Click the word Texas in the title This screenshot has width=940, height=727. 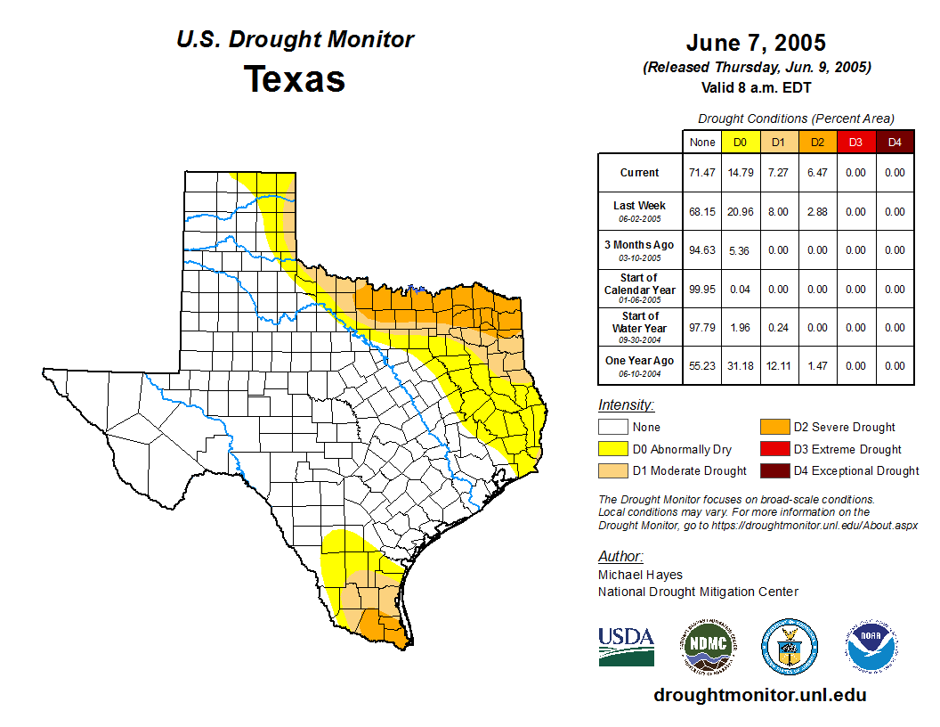point(295,78)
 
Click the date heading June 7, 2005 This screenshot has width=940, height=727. point(756,43)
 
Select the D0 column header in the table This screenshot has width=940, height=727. point(740,142)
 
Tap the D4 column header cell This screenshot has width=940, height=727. point(895,142)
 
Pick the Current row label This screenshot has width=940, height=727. point(640,173)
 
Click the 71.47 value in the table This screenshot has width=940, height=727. point(701,173)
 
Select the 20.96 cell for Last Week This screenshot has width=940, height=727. point(740,212)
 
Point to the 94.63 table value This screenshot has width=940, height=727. point(701,250)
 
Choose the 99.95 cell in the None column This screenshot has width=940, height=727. point(701,290)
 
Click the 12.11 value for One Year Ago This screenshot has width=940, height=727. point(778,366)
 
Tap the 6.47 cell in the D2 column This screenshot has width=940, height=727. point(816,173)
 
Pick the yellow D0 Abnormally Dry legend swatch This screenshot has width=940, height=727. point(613,449)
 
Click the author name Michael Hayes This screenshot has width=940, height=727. point(640,575)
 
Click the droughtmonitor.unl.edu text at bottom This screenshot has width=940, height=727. point(759,695)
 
